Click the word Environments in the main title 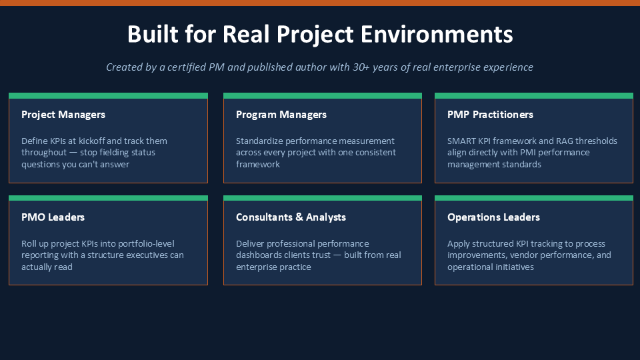point(436,34)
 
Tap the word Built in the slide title point(153,34)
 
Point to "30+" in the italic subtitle point(361,67)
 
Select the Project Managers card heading point(63,115)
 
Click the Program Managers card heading point(281,115)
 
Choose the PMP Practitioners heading point(490,115)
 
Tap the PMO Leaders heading point(53,217)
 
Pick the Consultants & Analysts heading point(291,217)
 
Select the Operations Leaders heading point(493,217)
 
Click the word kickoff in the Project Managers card point(91,141)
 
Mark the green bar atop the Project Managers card point(108,96)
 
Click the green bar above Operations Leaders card point(534,199)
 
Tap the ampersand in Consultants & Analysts point(299,217)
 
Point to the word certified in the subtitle point(187,67)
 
